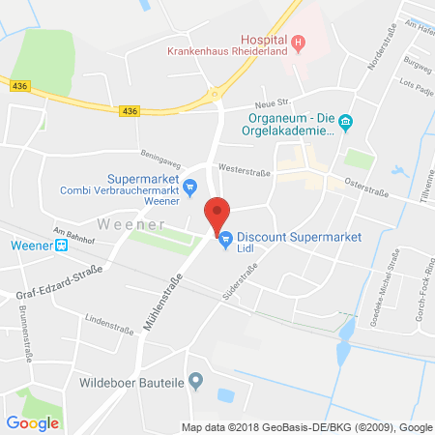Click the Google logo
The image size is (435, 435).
(33, 421)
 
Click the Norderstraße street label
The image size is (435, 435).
(383, 53)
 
